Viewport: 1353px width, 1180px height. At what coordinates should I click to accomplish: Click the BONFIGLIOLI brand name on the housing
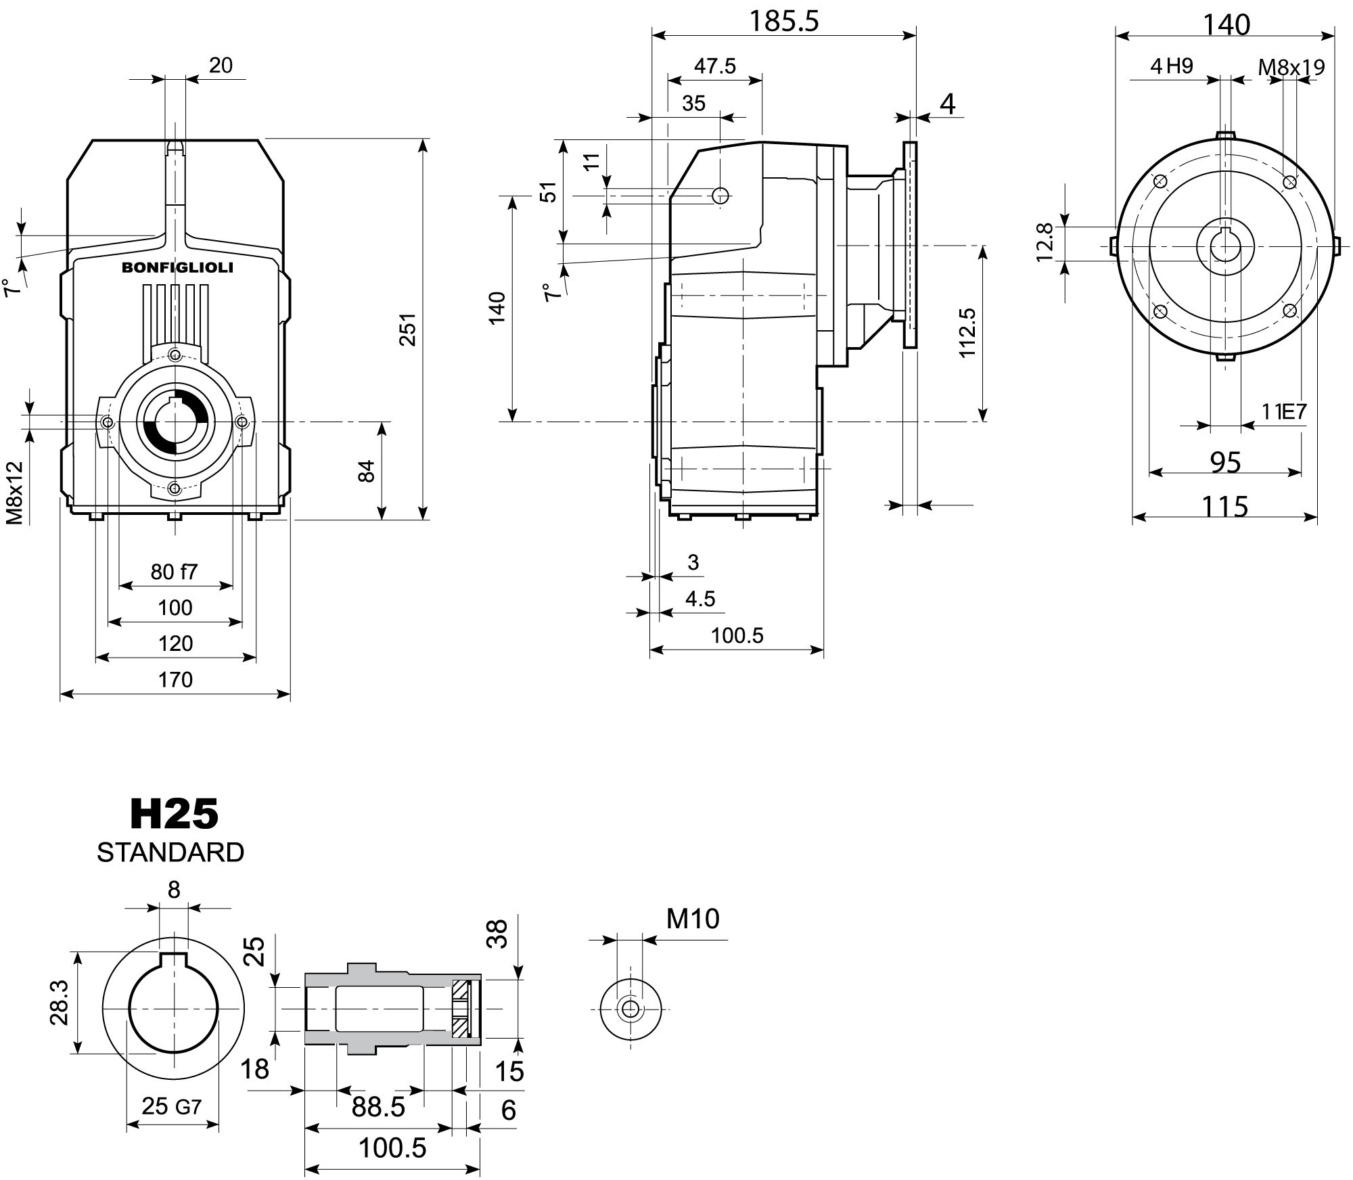point(177,268)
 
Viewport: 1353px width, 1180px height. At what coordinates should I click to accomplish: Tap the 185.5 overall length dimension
point(783,22)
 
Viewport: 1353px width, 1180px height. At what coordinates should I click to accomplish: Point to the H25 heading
point(175,814)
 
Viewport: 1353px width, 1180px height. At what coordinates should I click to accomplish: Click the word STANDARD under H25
point(170,853)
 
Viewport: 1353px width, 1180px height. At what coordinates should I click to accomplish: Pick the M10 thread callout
point(693,919)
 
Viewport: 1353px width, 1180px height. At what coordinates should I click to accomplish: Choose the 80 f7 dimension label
point(174,572)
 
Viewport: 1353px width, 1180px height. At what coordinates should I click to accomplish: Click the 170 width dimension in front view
point(175,679)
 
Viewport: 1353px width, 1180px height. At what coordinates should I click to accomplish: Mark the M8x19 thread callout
point(1291,67)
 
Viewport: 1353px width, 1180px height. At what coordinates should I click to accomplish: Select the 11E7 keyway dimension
point(1283,411)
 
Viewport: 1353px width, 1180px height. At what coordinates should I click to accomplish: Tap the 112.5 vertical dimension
point(967,333)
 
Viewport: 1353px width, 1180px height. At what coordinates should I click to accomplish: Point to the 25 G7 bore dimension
point(172,1106)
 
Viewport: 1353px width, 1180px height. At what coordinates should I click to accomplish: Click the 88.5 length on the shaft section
point(378,1107)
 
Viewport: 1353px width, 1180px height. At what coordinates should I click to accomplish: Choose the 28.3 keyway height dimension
point(60,1005)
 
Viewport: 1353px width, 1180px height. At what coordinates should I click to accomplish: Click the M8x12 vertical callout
point(15,493)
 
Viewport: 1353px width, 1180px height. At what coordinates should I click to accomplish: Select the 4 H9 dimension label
point(1172,66)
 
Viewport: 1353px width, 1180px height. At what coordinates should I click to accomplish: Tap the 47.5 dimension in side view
point(714,66)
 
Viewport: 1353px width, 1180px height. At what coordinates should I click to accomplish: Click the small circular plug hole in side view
point(721,196)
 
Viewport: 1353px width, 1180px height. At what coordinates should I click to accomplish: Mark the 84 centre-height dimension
point(365,471)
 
